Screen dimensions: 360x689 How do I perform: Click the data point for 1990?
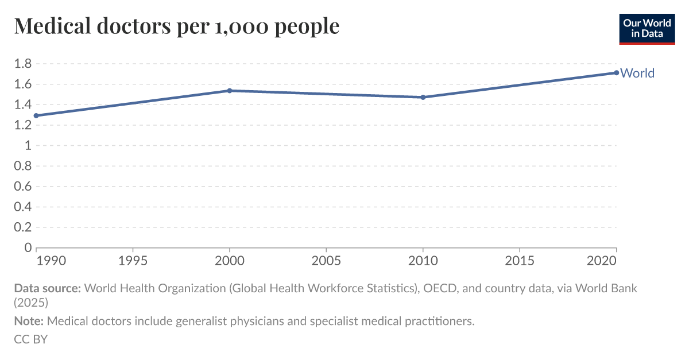(36, 115)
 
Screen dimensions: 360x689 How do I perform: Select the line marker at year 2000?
(230, 91)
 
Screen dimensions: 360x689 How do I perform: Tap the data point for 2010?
(423, 97)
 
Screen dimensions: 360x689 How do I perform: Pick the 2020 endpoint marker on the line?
(616, 73)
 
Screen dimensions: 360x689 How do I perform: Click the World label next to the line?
(637, 73)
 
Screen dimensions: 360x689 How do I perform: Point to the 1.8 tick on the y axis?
(22, 64)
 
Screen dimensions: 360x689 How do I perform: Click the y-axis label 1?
(27, 145)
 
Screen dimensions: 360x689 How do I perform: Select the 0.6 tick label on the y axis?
(22, 186)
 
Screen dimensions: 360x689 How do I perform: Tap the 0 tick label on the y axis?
(27, 247)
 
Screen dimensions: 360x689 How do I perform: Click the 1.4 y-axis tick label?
(22, 104)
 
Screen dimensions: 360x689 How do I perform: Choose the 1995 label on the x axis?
(133, 261)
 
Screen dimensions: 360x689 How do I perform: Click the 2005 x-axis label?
(326, 261)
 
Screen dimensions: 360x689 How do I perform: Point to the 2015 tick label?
(520, 261)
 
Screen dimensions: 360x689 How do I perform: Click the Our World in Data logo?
(647, 28)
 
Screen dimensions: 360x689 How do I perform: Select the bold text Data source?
(47, 288)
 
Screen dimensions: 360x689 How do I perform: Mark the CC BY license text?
(30, 339)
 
